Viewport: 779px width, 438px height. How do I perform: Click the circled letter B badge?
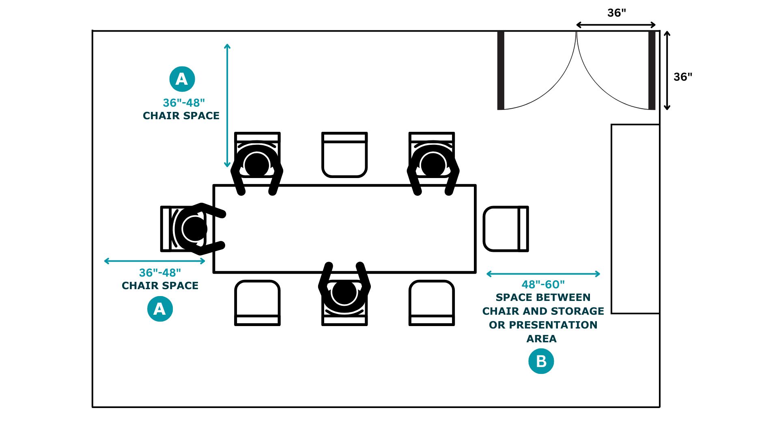pos(541,361)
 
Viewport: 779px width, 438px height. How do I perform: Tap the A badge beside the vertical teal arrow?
pos(182,79)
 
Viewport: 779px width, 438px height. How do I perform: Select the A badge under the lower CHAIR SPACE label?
pos(160,309)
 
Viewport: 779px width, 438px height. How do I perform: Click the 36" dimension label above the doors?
pos(616,13)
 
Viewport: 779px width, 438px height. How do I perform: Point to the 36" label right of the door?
pos(683,77)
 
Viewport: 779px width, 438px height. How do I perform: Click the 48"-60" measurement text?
pos(543,285)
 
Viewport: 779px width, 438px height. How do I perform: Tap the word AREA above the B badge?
pos(541,339)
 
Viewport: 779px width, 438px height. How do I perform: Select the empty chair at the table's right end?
pos(505,229)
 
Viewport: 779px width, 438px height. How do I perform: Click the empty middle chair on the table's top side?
pos(344,155)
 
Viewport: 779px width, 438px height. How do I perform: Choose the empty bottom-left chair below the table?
pos(257,303)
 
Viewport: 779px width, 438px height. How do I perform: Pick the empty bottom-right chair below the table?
pos(432,303)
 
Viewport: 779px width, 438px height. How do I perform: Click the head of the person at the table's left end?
pos(194,229)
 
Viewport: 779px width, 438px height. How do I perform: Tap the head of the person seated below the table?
pos(344,292)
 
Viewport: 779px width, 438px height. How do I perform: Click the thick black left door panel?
pos(501,70)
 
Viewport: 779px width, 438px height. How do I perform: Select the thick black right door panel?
pos(652,70)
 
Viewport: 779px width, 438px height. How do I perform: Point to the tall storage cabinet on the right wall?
pos(635,219)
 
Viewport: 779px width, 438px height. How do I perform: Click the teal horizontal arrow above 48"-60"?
pos(543,274)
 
